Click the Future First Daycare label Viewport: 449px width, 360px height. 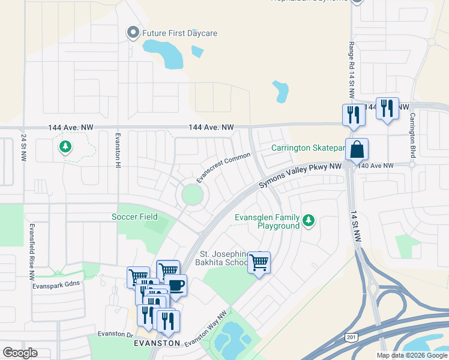click(x=179, y=33)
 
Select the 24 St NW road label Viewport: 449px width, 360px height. click(x=24, y=148)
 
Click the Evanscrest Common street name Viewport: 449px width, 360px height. click(x=223, y=168)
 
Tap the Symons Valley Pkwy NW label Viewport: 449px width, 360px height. click(x=300, y=176)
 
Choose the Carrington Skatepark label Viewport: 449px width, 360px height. click(x=307, y=148)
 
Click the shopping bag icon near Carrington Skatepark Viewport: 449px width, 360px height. click(x=357, y=149)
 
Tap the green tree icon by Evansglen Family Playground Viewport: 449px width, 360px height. click(x=309, y=221)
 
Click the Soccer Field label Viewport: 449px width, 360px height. click(x=135, y=216)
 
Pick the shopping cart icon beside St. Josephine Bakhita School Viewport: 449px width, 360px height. click(x=259, y=262)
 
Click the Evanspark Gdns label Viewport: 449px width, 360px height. click(x=56, y=284)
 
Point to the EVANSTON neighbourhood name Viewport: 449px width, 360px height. click(x=158, y=343)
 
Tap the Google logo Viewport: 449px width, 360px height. click(x=20, y=353)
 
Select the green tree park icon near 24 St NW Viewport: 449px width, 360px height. click(x=65, y=146)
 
